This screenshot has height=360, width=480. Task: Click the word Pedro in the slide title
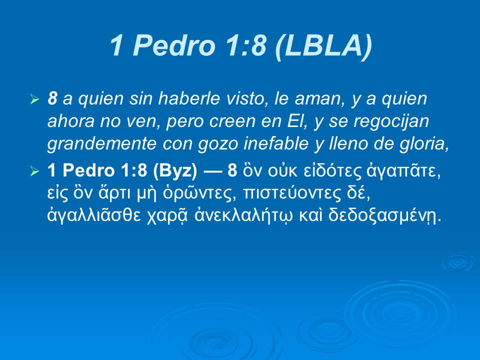(x=170, y=46)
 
